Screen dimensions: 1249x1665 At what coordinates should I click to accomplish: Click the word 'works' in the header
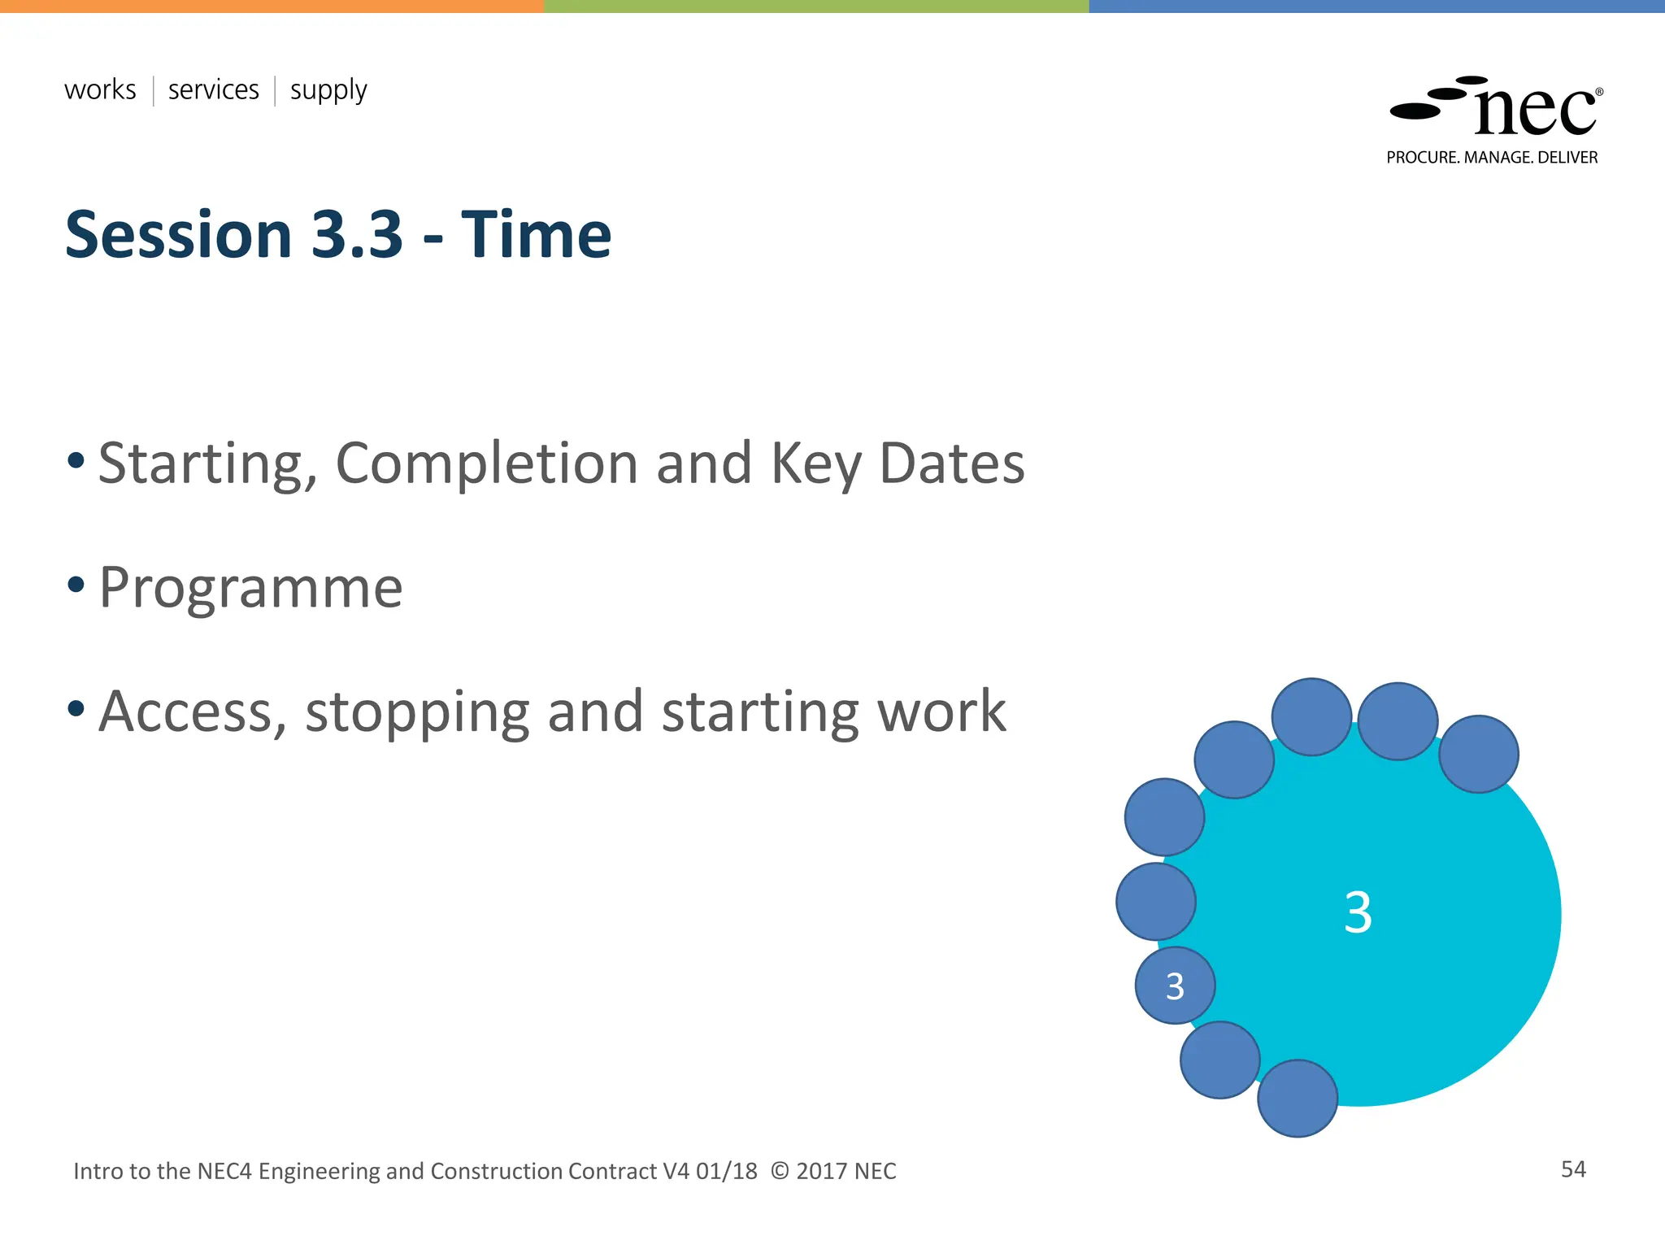click(x=100, y=89)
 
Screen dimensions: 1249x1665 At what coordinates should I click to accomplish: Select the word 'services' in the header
click(x=213, y=89)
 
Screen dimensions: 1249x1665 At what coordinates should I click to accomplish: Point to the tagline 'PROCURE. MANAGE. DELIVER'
click(x=1492, y=158)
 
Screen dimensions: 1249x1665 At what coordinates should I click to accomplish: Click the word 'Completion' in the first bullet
click(x=486, y=463)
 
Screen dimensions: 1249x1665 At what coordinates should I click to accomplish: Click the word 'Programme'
click(x=250, y=587)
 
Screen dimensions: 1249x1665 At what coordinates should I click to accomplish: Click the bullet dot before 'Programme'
click(x=76, y=585)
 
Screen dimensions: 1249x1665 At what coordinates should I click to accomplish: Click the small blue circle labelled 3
click(x=1175, y=986)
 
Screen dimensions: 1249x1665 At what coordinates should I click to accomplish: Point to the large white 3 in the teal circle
click(x=1358, y=912)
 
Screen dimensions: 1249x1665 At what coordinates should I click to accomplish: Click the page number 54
click(x=1573, y=1169)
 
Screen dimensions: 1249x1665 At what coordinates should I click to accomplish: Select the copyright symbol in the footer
click(x=779, y=1171)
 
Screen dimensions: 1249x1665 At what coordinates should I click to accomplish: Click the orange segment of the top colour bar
click(x=272, y=6)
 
